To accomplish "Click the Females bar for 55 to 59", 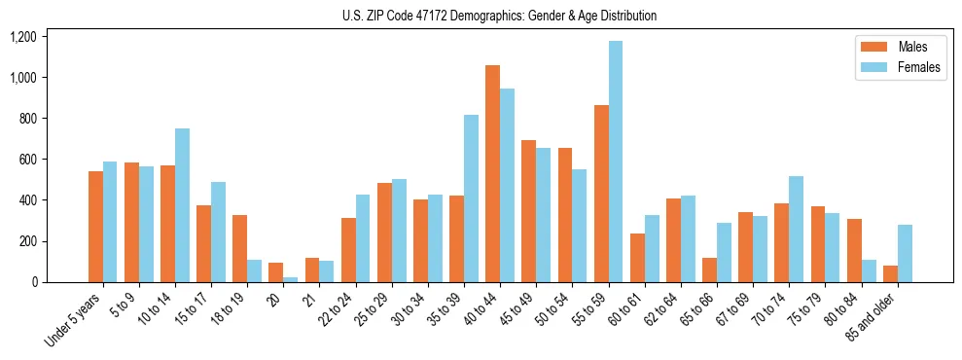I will click(615, 162).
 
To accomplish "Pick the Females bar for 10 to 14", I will click(182, 205).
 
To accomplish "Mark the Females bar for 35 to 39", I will click(471, 198).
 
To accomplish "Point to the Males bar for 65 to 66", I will click(709, 270).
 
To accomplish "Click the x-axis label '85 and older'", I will click(870, 317).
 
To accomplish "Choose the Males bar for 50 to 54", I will click(564, 215).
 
